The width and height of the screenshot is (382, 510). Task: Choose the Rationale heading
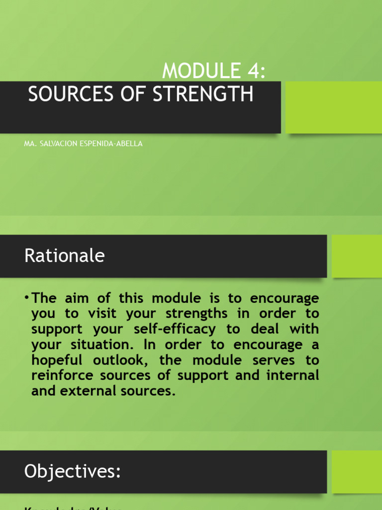coord(65,255)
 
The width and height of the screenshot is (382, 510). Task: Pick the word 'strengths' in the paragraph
coord(190,314)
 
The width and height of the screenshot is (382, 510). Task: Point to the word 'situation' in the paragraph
coord(101,345)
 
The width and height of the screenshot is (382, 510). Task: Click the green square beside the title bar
coord(334,107)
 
